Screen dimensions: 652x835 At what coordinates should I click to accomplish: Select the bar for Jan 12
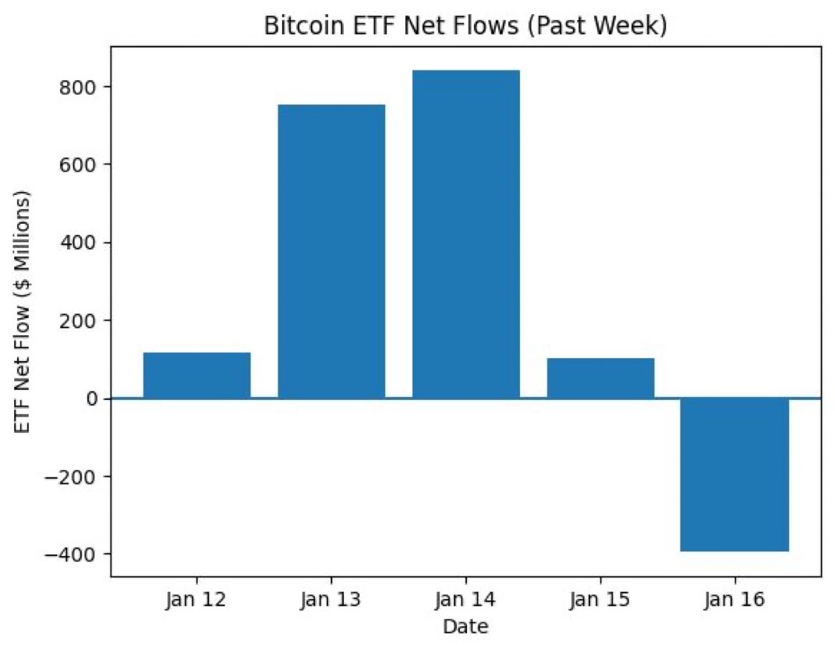pyautogui.click(x=196, y=375)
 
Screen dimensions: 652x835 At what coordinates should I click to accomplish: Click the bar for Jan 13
pyautogui.click(x=331, y=251)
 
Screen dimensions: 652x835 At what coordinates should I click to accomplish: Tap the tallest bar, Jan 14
pyautogui.click(x=465, y=234)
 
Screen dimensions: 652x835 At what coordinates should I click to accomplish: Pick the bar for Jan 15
pyautogui.click(x=600, y=378)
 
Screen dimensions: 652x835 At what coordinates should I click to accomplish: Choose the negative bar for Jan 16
pyautogui.click(x=734, y=474)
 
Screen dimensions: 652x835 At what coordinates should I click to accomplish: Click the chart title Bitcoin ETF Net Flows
pyautogui.click(x=465, y=26)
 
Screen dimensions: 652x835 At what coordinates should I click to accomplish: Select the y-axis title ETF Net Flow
pyautogui.click(x=24, y=311)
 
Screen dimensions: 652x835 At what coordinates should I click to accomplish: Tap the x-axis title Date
pyautogui.click(x=465, y=626)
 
